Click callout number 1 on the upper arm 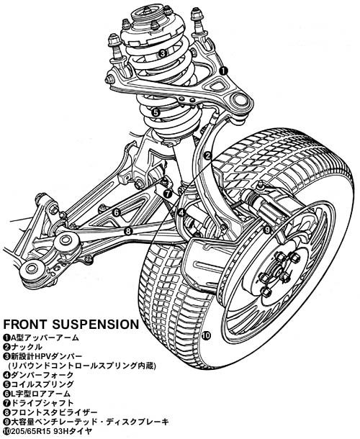tap(223, 71)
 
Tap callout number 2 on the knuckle tap(207, 155)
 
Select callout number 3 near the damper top tap(163, 53)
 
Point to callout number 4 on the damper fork tap(182, 213)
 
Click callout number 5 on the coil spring tap(156, 112)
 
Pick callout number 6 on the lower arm tap(116, 212)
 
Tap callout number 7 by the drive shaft tap(167, 193)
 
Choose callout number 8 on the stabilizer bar tap(128, 231)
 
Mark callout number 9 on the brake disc tap(267, 230)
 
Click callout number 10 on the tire tap(206, 335)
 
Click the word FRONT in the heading tap(25, 324)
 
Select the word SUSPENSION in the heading tap(96, 324)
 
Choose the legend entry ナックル tap(27, 347)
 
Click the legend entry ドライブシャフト tap(42, 403)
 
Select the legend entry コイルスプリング tap(42, 384)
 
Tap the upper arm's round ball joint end tap(239, 100)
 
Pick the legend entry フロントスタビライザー tap(54, 412)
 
